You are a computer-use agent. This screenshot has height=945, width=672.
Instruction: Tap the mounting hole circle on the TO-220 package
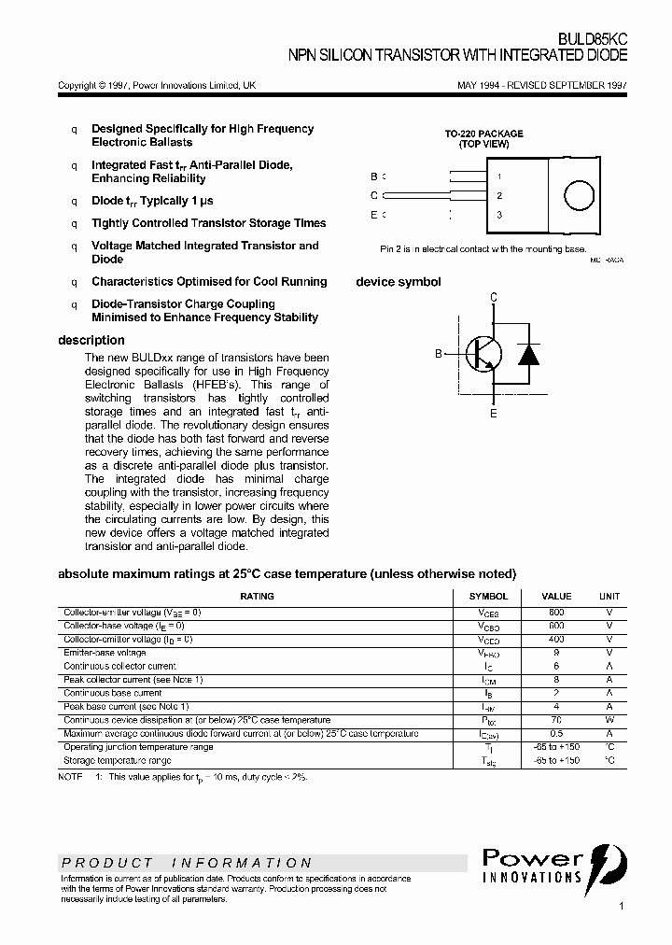pyautogui.click(x=578, y=195)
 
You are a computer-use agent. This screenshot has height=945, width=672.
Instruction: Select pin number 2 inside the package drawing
pyautogui.click(x=500, y=196)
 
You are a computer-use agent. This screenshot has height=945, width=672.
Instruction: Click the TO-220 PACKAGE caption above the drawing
pyautogui.click(x=483, y=134)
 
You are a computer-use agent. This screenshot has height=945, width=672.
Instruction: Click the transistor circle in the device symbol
pyautogui.click(x=483, y=354)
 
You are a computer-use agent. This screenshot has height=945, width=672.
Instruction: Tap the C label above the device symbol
pyautogui.click(x=494, y=297)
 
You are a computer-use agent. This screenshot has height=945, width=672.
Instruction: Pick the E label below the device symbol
pyautogui.click(x=494, y=413)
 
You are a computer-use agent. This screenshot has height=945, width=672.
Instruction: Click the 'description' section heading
pyautogui.click(x=91, y=341)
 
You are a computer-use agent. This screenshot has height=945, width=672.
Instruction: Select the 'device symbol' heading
pyautogui.click(x=399, y=282)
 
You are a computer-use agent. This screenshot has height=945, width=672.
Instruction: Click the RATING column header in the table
pyautogui.click(x=257, y=596)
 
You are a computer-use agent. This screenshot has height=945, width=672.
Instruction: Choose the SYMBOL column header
pyautogui.click(x=488, y=596)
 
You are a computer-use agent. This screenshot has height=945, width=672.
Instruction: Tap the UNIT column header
pyautogui.click(x=609, y=596)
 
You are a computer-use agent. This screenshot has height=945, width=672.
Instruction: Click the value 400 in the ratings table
pyautogui.click(x=556, y=640)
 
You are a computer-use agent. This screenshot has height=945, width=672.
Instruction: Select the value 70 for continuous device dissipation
pyautogui.click(x=556, y=720)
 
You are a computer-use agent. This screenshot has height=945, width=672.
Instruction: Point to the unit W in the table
pyautogui.click(x=609, y=720)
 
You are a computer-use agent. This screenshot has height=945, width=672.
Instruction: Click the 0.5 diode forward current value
pyautogui.click(x=556, y=734)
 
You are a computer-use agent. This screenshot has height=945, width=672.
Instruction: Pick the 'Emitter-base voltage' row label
pyautogui.click(x=105, y=653)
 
